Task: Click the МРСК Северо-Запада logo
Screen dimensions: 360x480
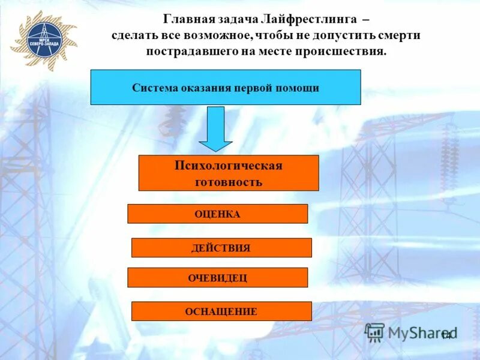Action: coord(44,38)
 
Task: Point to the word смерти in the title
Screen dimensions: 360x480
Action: coord(398,35)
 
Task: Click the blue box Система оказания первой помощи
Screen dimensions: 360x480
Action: coord(226,88)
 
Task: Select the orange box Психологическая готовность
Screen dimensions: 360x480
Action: coord(229,173)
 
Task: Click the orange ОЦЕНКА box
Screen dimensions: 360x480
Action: coord(217,214)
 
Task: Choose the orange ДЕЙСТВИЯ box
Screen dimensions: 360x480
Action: coord(221,248)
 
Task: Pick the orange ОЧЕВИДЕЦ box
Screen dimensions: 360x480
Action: coord(217,278)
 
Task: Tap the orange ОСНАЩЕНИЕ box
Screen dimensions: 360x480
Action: coord(221,311)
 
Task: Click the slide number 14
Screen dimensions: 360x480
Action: coord(446,335)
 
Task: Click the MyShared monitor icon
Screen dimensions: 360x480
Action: coord(375,332)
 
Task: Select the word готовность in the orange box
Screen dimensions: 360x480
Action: coord(229,182)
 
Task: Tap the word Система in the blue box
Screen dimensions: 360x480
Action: coord(155,88)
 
